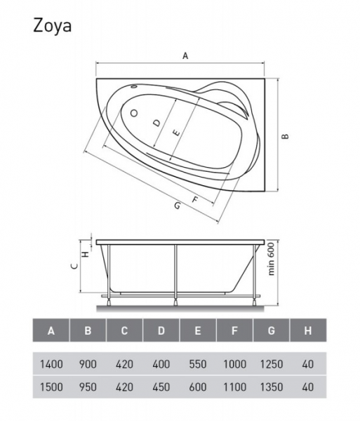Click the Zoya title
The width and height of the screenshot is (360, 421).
(53, 27)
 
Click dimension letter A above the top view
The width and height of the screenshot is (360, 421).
(185, 55)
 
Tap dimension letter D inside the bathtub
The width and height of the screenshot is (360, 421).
(156, 123)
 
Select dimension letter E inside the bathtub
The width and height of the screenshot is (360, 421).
(176, 133)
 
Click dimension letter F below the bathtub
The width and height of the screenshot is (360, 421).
(195, 199)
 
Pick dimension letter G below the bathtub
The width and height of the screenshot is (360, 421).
(177, 206)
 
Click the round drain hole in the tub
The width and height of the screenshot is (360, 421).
(134, 113)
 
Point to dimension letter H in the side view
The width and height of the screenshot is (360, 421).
(86, 254)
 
